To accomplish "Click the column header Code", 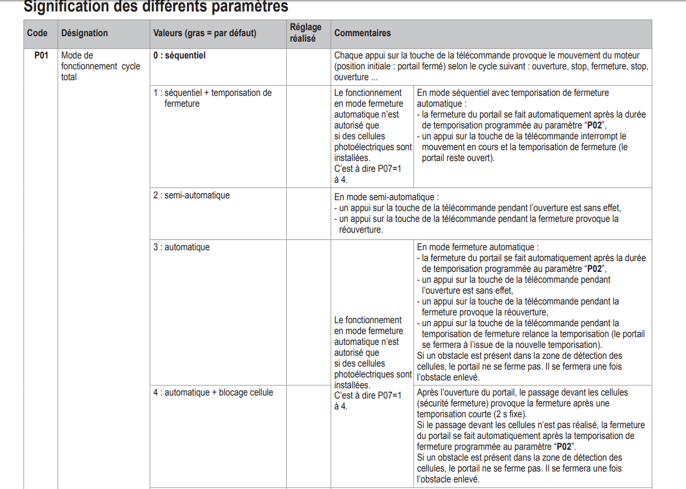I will [37, 33].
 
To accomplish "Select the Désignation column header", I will [84, 33].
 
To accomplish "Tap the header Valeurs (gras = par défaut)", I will [204, 33].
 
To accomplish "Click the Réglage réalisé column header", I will [306, 33].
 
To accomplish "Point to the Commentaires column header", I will [362, 33].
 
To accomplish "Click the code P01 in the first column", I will [41, 55].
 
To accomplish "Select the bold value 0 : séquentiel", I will [179, 55].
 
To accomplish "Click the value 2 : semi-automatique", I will [191, 195].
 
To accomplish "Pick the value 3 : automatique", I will [181, 247].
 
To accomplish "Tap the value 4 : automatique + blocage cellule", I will [213, 393].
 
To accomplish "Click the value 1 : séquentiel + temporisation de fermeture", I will [212, 98].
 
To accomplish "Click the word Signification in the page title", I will [69, 7].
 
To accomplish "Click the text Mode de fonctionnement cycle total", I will [100, 66].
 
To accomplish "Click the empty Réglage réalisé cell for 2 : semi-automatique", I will [308, 213].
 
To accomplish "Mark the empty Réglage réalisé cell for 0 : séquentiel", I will [308, 66].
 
